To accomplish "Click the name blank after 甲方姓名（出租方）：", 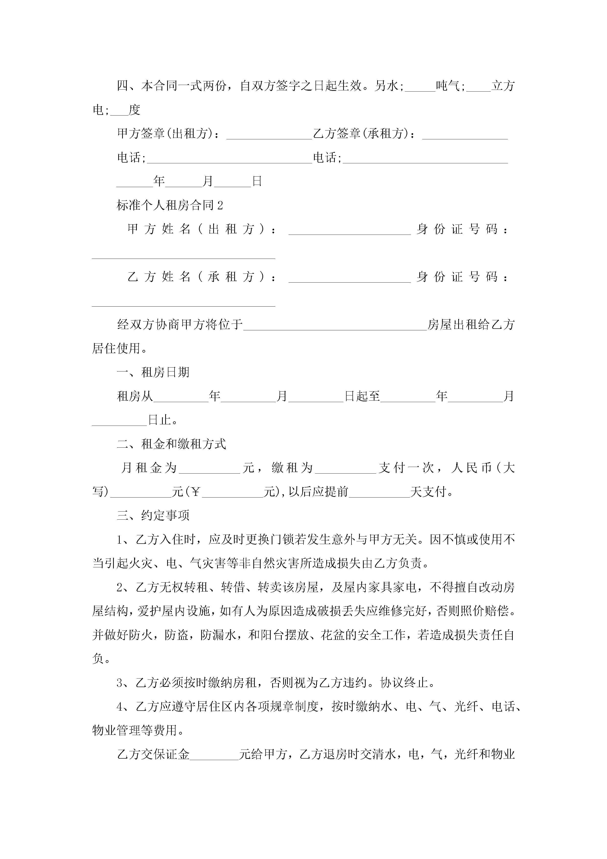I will tap(350, 230).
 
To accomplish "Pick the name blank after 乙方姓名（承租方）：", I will tap(350, 278).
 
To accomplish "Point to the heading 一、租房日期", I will tap(153, 372).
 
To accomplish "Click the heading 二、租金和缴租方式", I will tap(172, 444).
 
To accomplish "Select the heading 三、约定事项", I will tap(153, 515).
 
